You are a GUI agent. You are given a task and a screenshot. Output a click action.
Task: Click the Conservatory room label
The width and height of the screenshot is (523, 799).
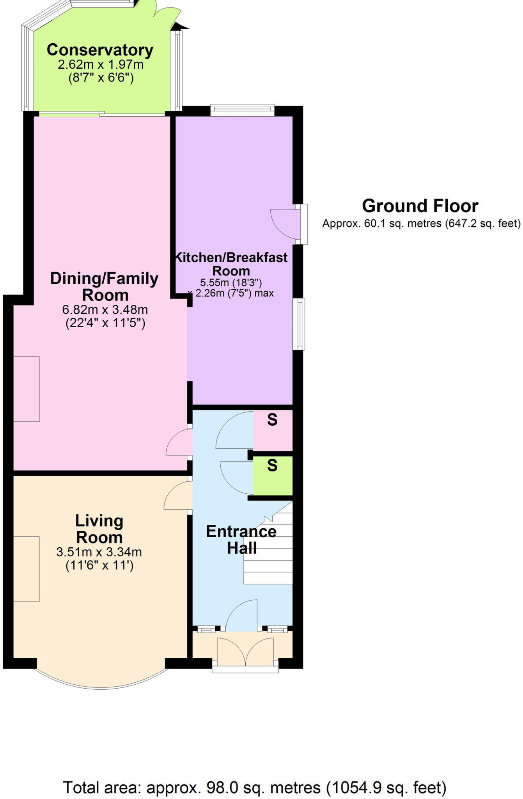[100, 50]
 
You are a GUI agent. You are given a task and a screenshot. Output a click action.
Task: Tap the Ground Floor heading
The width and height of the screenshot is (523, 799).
[420, 206]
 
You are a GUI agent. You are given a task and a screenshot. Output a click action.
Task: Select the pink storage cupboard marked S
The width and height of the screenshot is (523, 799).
[273, 430]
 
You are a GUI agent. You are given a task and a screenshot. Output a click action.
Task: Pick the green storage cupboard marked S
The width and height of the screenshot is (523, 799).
[273, 475]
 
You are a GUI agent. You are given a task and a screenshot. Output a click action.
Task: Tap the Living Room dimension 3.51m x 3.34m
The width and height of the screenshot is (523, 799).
[99, 552]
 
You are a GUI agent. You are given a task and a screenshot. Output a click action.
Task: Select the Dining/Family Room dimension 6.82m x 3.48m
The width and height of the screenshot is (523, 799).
[105, 310]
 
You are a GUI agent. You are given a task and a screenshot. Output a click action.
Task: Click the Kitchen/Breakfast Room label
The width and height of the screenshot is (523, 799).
[231, 264]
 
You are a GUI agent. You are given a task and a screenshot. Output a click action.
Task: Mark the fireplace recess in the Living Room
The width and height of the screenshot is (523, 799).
[27, 569]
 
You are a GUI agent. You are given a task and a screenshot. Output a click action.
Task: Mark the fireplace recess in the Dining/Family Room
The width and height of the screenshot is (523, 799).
[27, 389]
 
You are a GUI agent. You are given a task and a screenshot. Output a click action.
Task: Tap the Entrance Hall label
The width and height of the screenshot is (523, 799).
[241, 540]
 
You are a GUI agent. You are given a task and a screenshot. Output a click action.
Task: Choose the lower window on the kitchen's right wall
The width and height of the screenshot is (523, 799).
[299, 323]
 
